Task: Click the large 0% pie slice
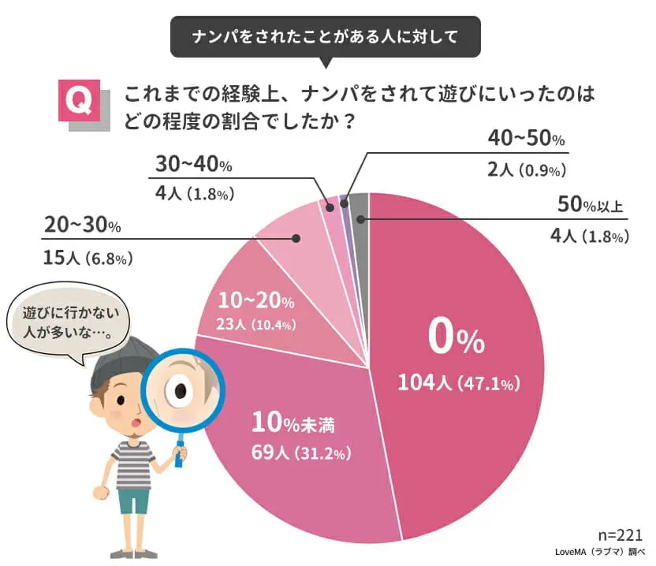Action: click(457, 315)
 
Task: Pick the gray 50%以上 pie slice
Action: click(359, 207)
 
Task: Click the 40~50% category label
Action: click(526, 140)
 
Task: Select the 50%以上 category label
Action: click(589, 207)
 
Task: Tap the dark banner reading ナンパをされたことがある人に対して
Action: click(325, 36)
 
